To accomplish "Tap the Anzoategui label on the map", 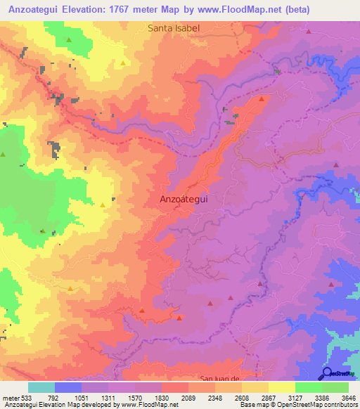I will [x=183, y=199].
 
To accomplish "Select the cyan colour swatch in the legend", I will [x=41, y=387].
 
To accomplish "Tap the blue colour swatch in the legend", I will [x=68, y=387].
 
